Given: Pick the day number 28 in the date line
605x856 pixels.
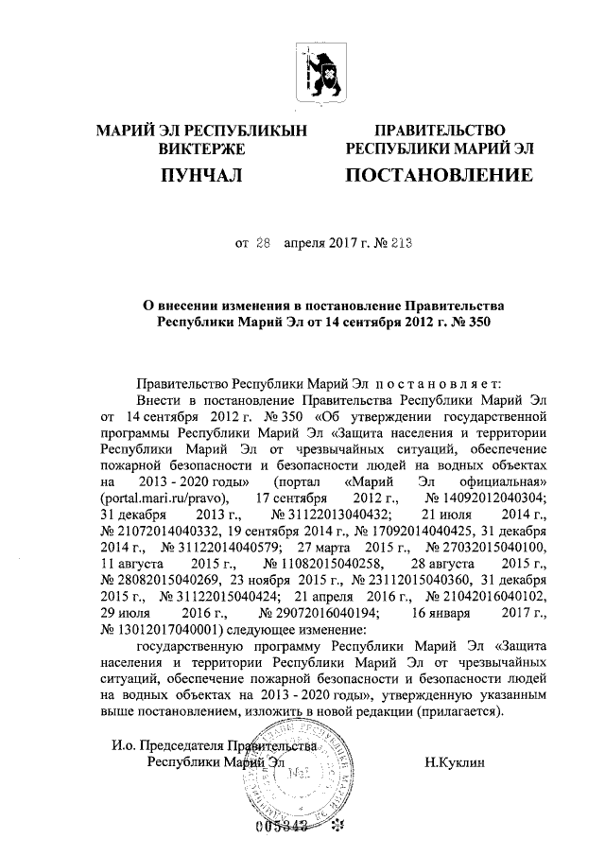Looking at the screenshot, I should tap(263, 243).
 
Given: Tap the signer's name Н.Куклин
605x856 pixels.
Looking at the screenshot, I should tap(458, 761).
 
